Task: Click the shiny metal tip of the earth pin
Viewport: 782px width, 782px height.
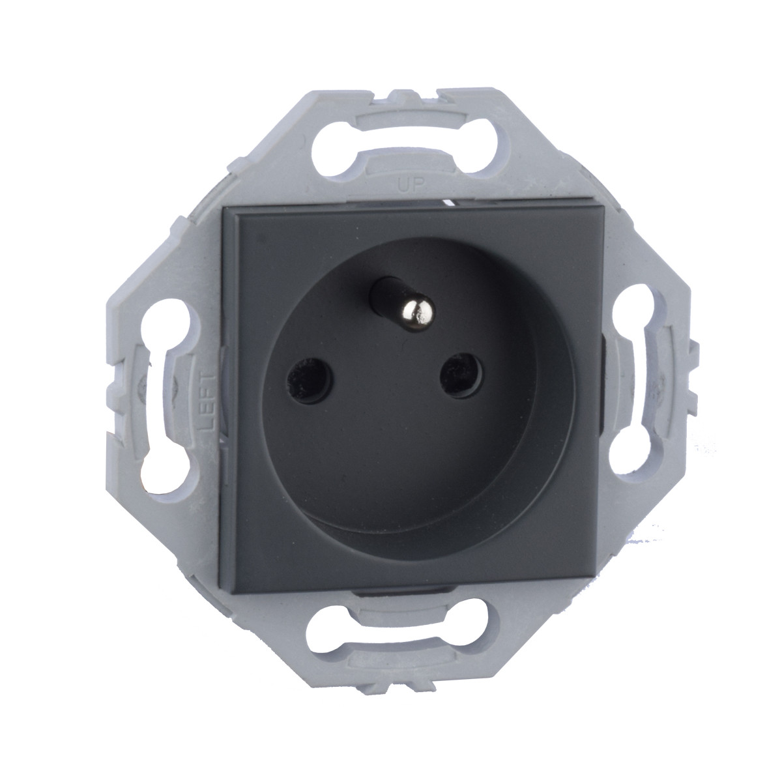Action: [x=418, y=313]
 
